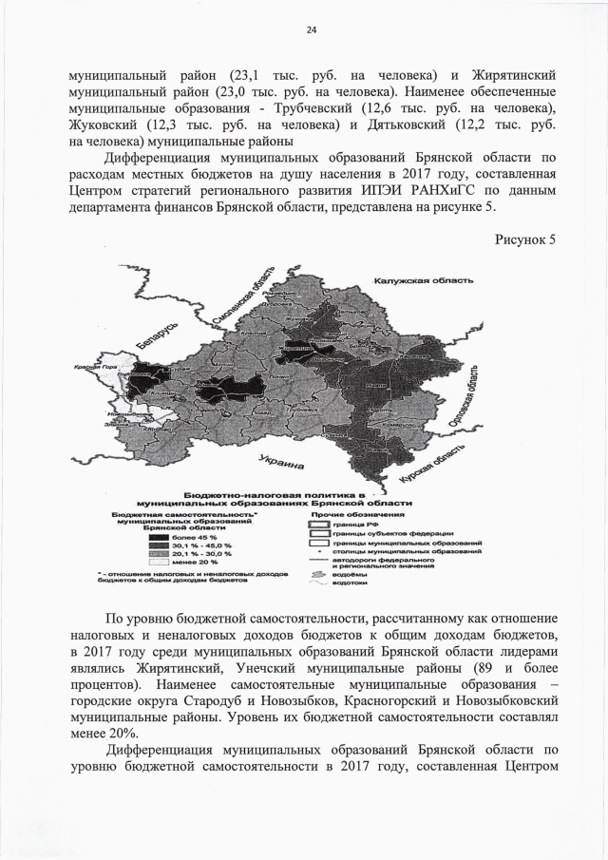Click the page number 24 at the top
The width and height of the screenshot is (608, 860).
311,30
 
